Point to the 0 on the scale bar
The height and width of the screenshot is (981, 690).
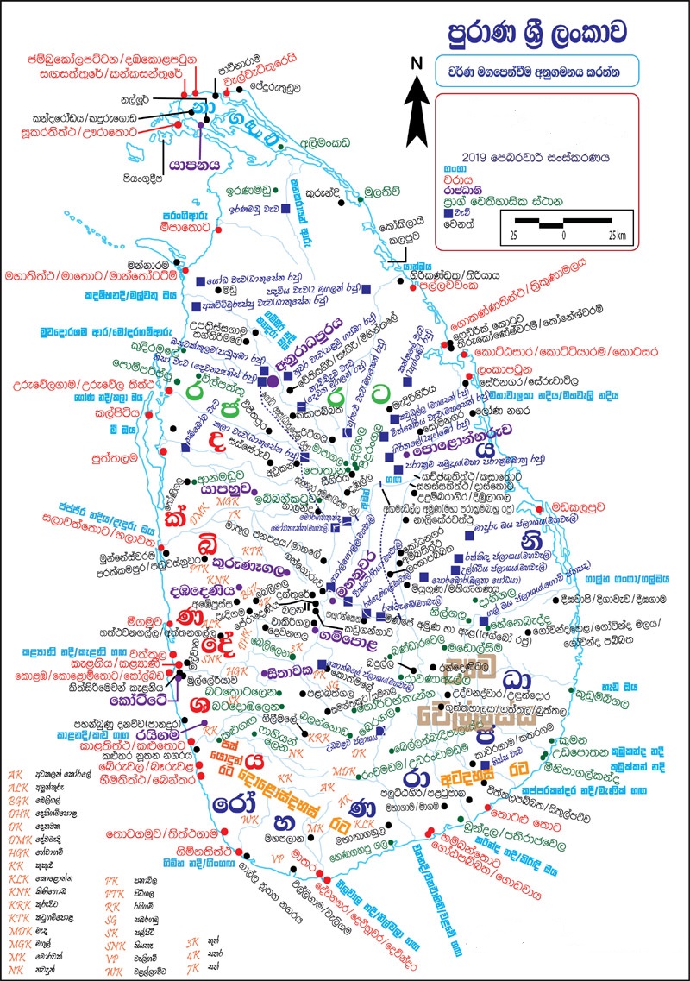click(563, 235)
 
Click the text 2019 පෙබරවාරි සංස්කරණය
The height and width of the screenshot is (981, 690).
click(536, 158)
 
